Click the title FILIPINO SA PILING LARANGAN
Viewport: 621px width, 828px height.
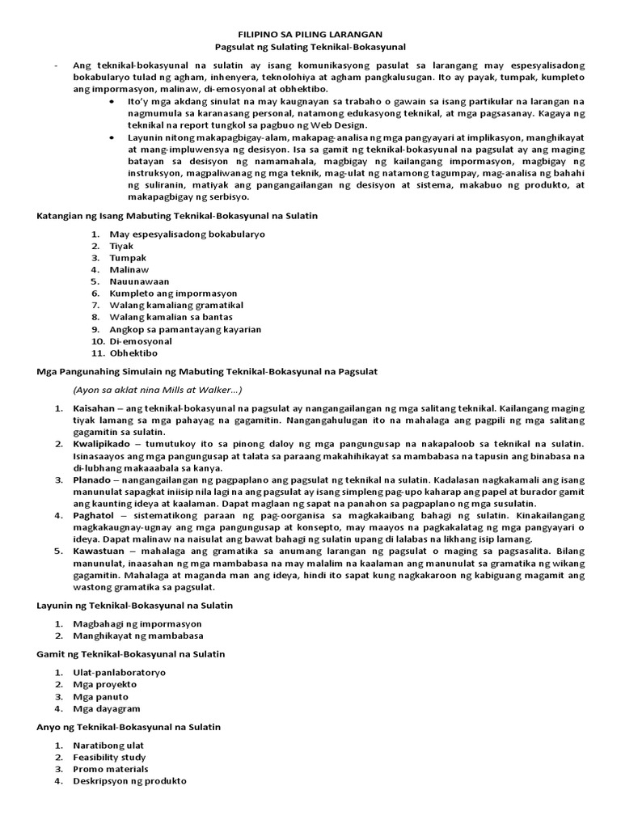tap(310, 35)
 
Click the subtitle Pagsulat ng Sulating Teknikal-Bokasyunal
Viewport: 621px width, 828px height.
tap(310, 48)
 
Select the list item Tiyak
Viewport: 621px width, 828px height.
tap(121, 246)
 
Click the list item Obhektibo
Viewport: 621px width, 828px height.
tap(133, 353)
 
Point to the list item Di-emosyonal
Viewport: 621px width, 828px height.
tap(141, 341)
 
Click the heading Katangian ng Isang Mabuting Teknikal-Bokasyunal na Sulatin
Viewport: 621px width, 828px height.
tap(178, 216)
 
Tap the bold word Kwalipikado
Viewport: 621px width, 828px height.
tap(102, 444)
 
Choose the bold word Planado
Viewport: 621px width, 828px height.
tap(92, 479)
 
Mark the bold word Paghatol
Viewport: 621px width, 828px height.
tap(93, 515)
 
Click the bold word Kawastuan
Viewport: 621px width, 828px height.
tap(98, 551)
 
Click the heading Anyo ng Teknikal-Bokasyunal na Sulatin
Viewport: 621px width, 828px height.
tap(129, 727)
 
